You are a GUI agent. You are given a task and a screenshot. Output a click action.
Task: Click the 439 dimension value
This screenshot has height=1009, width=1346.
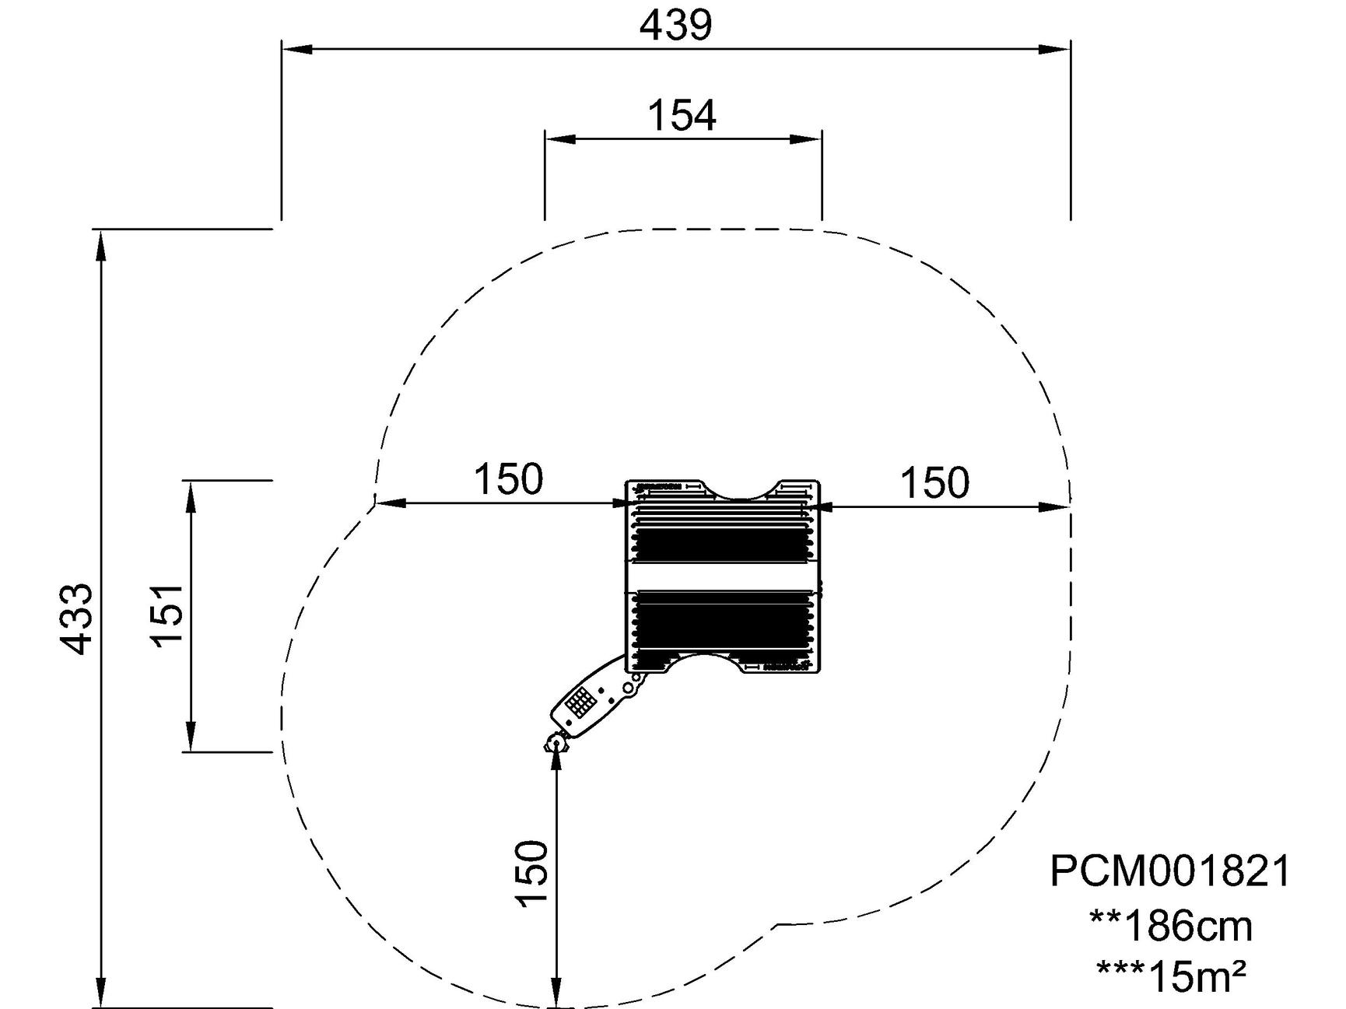675,25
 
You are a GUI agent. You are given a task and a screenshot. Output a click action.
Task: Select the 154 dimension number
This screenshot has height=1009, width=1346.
682,115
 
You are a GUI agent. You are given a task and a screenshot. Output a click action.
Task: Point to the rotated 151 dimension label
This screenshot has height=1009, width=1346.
167,615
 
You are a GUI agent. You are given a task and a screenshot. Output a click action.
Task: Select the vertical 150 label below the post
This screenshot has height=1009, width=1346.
532,873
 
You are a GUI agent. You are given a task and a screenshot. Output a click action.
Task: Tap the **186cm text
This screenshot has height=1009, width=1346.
1171,926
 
